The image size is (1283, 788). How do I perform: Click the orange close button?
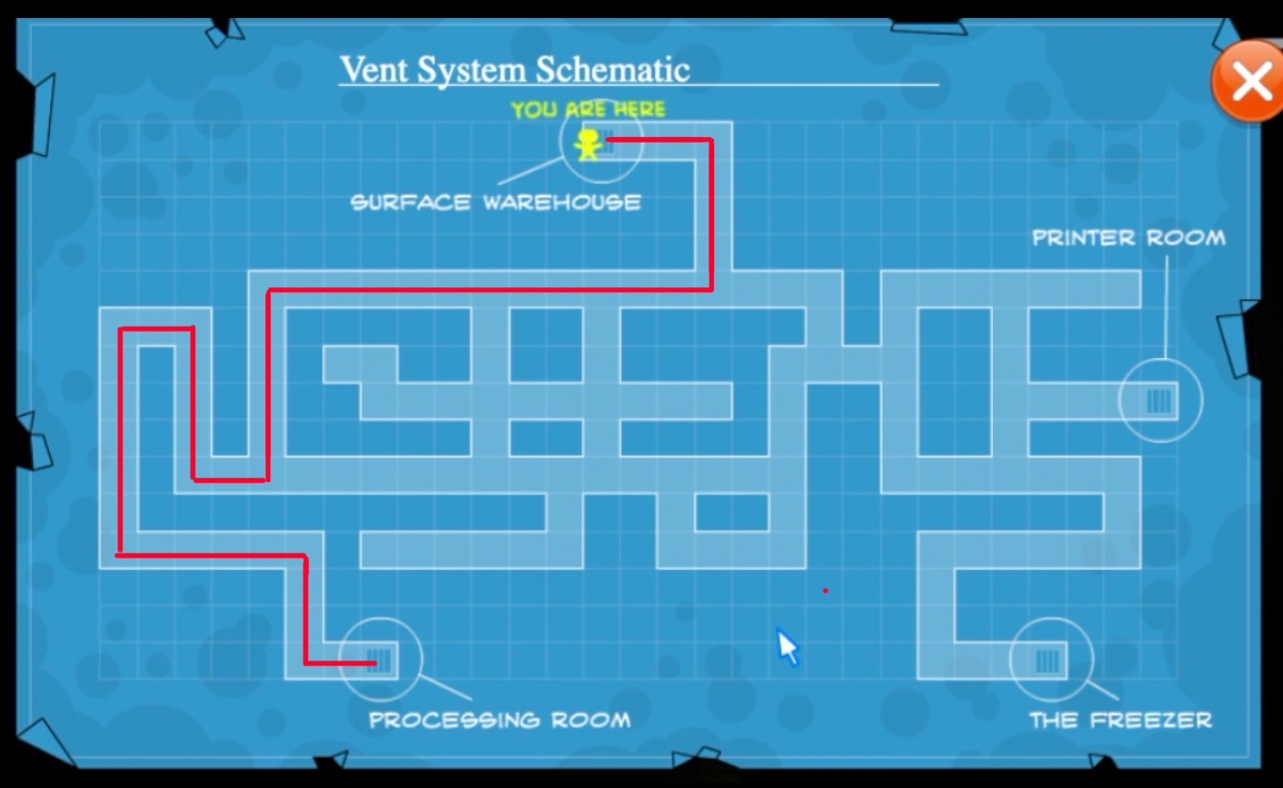tap(1250, 81)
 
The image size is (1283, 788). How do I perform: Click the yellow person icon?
tap(588, 145)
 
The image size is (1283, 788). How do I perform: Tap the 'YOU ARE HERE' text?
tap(588, 110)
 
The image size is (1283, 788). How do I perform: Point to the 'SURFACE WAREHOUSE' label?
tap(495, 202)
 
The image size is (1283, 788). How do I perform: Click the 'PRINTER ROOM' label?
tap(1128, 238)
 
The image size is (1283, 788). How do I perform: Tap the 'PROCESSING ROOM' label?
tap(499, 720)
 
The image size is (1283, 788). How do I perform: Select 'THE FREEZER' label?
tap(1120, 720)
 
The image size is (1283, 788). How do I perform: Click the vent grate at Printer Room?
tap(1159, 402)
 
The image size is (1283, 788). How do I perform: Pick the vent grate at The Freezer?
tap(1047, 660)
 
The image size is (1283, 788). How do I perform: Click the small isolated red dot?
tap(825, 591)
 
